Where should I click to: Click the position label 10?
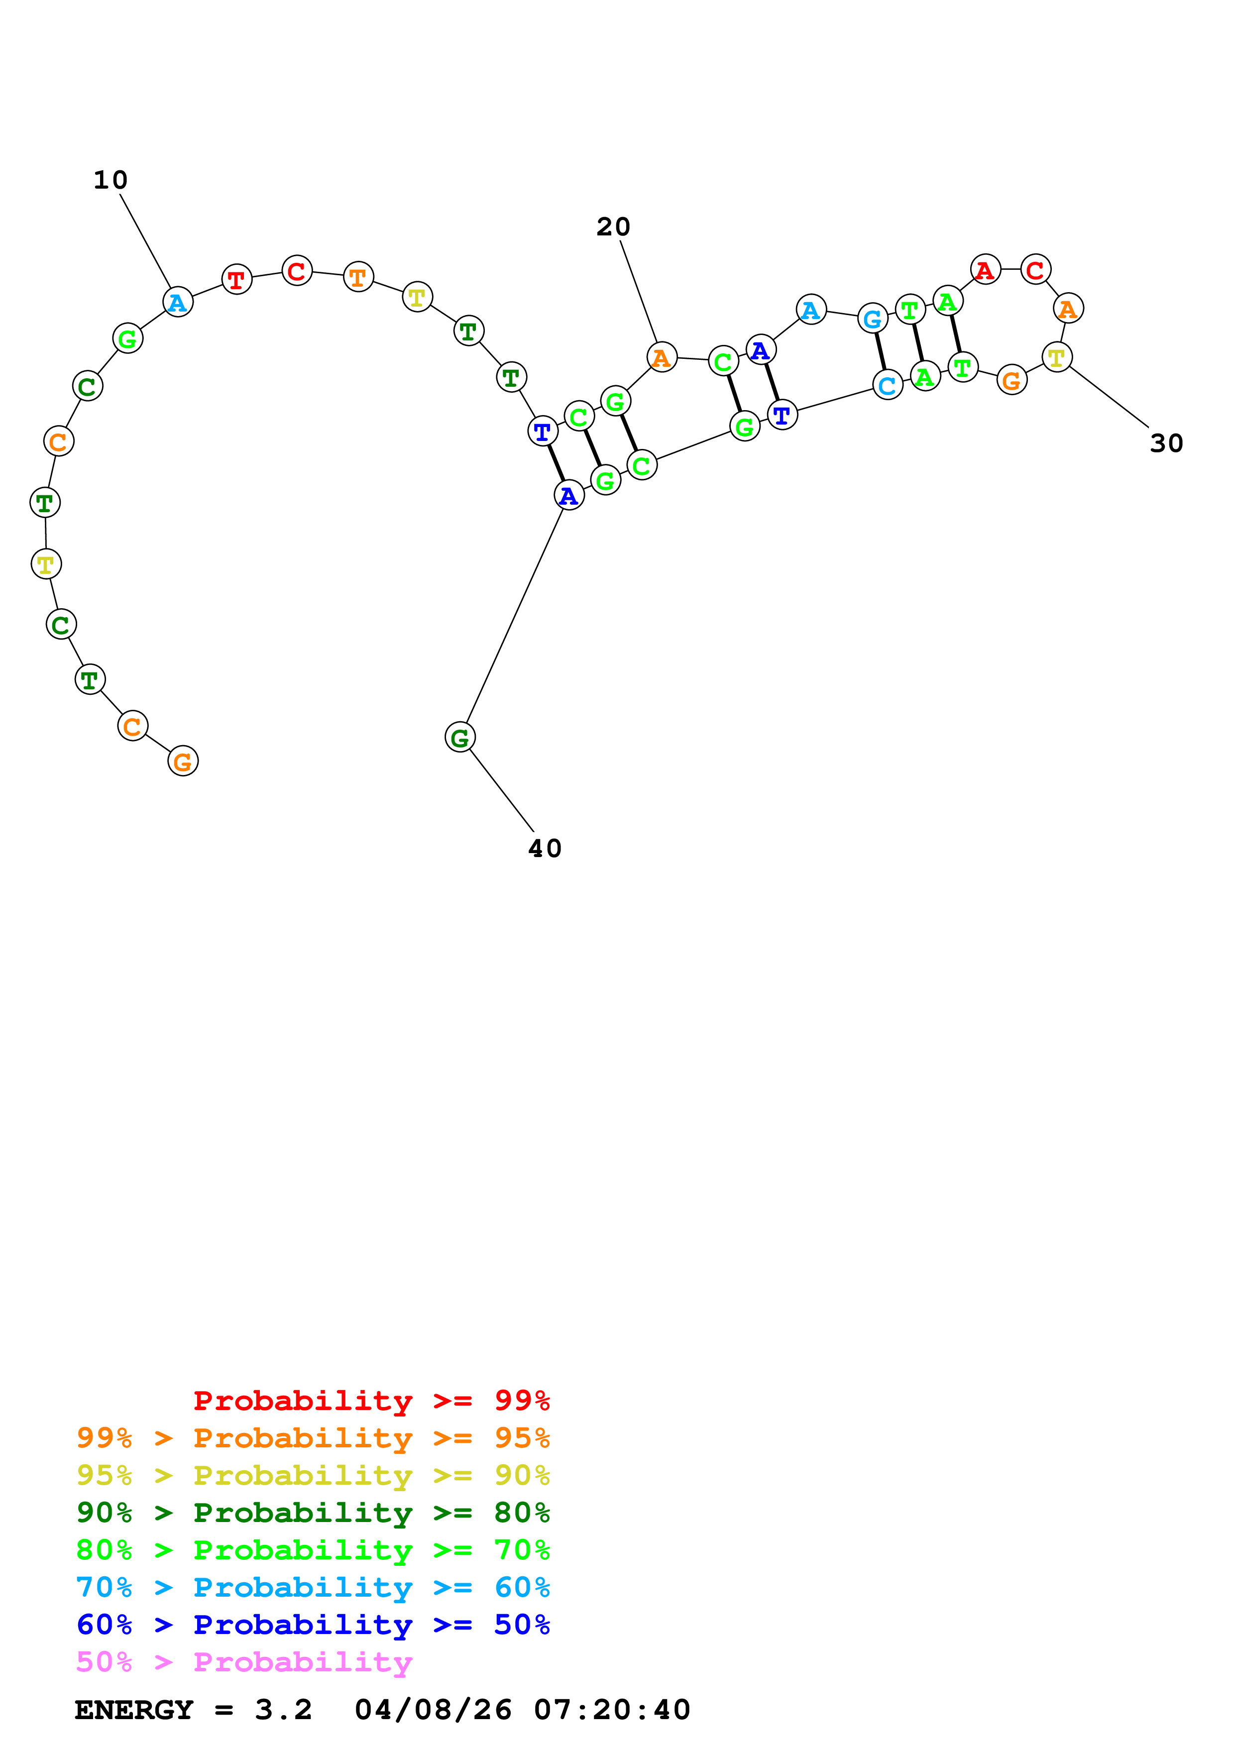pos(110,180)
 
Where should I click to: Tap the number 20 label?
pos(613,226)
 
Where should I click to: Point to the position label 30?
pos(1166,443)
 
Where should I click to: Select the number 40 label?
pos(545,849)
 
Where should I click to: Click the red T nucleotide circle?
pos(236,280)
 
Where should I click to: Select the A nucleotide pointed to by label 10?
pos(178,303)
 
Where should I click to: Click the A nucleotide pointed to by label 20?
pos(662,357)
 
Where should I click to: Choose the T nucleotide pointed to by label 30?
pos(1056,357)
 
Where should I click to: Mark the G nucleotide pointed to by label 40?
pos(460,737)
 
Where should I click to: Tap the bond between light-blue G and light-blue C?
pos(880,351)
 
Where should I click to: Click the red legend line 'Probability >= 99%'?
pos(371,1400)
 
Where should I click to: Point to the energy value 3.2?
pos(283,1710)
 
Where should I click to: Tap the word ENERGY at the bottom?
pos(133,1710)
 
